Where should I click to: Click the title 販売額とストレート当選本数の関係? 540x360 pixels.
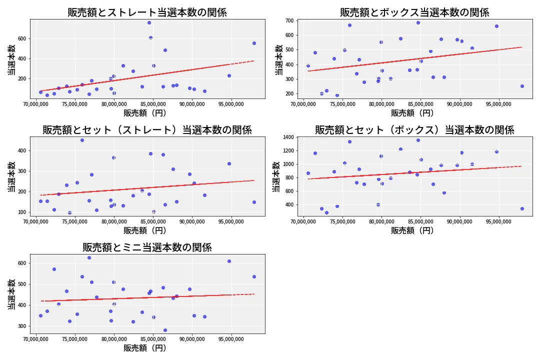pos(147,12)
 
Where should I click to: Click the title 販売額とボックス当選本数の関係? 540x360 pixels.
pos(414,12)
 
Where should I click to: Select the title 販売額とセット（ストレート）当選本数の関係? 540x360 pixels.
pos(147,130)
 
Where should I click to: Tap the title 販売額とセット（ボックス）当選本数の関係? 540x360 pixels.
pos(414,130)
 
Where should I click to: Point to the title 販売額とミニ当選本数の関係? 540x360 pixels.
pos(147,247)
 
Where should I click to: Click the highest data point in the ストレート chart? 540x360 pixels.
pos(149,22)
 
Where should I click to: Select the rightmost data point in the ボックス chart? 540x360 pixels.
pos(521,86)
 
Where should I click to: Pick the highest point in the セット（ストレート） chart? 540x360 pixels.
pos(82,140)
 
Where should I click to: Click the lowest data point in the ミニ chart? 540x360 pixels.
pos(165,330)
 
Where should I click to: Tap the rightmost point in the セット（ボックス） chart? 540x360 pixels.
pos(521,208)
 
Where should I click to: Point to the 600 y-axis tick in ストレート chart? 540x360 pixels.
pos(22,38)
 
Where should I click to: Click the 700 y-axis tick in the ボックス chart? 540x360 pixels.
pos(289,20)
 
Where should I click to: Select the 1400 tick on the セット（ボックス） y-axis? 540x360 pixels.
pos(288,137)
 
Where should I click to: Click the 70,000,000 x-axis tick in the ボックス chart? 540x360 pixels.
pos(303,104)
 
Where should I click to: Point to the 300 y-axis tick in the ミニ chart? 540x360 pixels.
pos(22,326)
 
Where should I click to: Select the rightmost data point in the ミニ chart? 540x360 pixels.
pos(254,276)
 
